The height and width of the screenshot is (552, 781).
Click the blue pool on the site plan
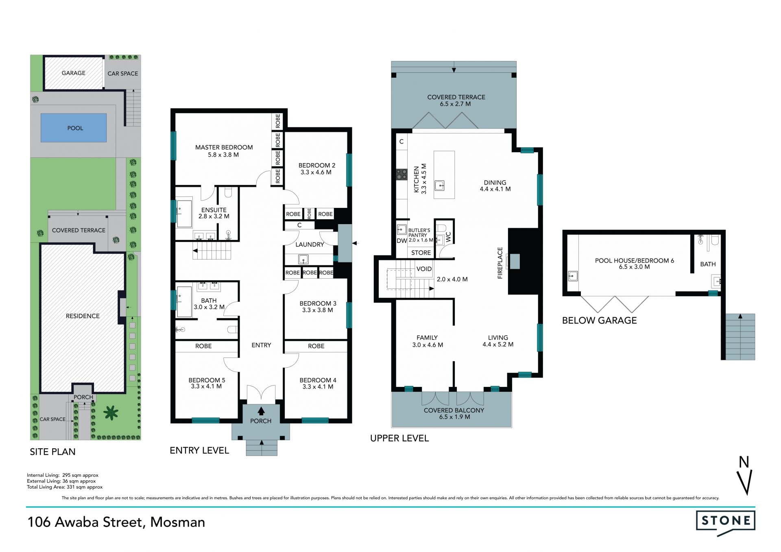(x=74, y=128)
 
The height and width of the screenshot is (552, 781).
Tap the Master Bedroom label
(x=224, y=151)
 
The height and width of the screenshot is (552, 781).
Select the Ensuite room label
(x=214, y=213)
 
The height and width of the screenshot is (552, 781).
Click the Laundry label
(x=310, y=244)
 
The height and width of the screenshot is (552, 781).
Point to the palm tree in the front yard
(x=111, y=413)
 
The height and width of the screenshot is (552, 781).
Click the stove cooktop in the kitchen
(x=402, y=175)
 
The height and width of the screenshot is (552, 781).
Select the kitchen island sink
(x=440, y=185)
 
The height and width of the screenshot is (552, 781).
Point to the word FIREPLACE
(x=500, y=263)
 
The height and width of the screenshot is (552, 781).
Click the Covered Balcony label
(x=454, y=413)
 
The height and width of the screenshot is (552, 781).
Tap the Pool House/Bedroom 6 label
(x=635, y=264)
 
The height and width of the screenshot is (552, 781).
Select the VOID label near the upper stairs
(x=424, y=269)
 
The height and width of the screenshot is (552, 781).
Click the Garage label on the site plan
(x=74, y=73)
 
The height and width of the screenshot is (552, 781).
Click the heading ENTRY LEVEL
(x=199, y=450)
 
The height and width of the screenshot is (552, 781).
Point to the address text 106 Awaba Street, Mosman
(x=116, y=522)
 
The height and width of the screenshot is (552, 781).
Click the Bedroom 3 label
(x=318, y=307)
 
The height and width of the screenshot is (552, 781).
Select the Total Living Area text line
(x=65, y=487)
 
